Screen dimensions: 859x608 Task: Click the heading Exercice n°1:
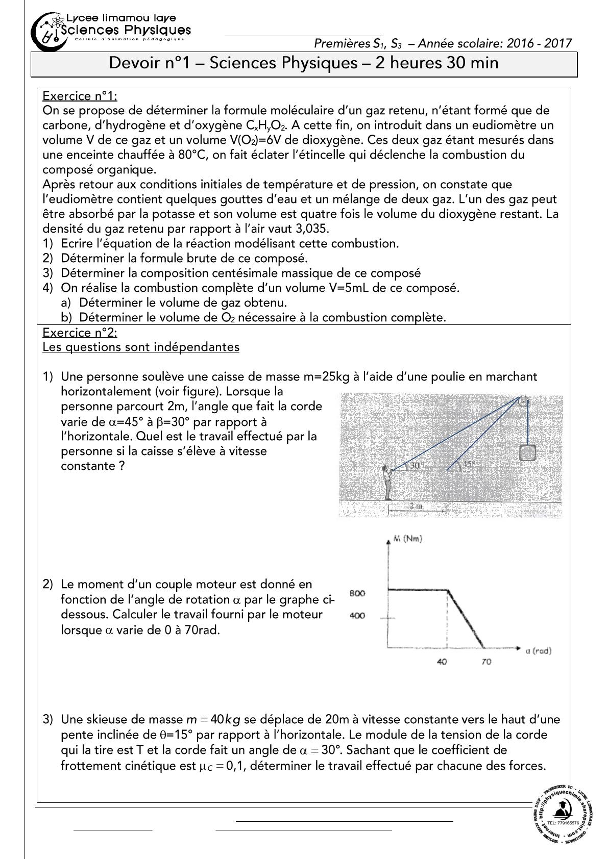(x=80, y=95)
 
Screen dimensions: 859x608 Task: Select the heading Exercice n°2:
(x=80, y=333)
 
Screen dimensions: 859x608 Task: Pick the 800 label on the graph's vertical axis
(x=357, y=593)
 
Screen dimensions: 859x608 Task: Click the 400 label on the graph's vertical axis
(x=357, y=616)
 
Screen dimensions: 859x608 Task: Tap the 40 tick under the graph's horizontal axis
(x=443, y=662)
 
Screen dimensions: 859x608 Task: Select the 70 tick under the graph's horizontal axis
(x=486, y=662)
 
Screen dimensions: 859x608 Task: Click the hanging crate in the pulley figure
(x=527, y=452)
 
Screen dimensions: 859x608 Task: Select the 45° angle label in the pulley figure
(x=469, y=465)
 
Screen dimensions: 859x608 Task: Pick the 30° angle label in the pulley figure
(x=417, y=465)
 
